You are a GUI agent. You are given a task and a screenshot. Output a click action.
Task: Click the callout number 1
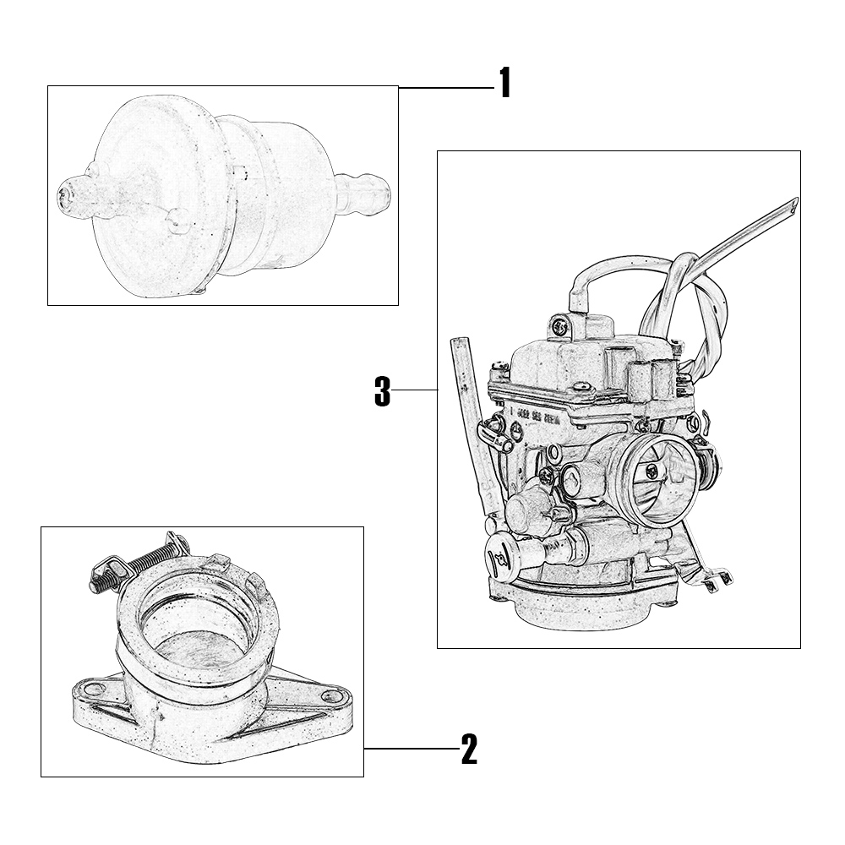coord(504,83)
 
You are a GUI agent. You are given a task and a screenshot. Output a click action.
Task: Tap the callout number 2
coord(469,749)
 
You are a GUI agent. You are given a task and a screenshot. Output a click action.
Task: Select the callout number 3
coord(382,392)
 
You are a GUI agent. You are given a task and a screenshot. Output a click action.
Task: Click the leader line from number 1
coord(447,87)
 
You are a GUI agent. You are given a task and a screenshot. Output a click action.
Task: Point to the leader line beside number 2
coord(412,749)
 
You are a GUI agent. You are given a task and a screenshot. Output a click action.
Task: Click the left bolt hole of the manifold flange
coord(95,688)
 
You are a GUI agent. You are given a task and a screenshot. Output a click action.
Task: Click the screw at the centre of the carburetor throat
coord(652,472)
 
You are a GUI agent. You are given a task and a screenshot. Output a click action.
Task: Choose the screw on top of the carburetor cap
coord(559,325)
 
